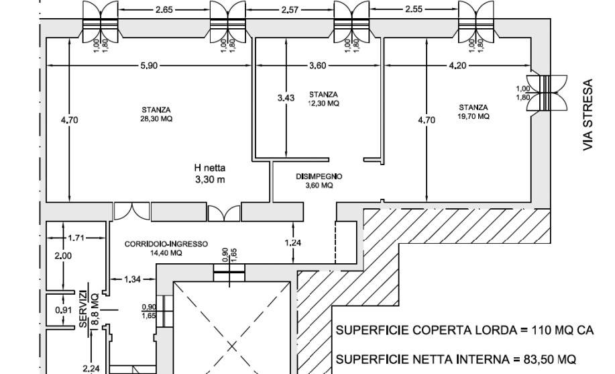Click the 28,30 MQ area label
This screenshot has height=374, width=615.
[x=156, y=119]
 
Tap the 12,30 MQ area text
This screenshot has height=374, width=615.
[x=323, y=103]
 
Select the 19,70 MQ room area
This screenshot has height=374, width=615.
[x=473, y=116]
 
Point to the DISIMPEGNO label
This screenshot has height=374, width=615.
[x=319, y=177]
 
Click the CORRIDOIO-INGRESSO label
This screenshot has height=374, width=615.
[x=166, y=244]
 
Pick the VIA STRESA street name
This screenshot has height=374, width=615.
[x=588, y=115]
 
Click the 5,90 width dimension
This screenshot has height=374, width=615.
[x=149, y=66]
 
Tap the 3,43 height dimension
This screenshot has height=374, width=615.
[x=286, y=98]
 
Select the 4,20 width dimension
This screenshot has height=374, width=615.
[x=457, y=66]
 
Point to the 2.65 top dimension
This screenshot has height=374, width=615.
[x=164, y=10]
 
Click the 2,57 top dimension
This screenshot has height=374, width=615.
[x=290, y=10]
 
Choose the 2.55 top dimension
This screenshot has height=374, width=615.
[x=414, y=9]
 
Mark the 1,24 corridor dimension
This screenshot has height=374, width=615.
[x=293, y=243]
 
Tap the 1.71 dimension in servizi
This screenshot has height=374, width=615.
[x=76, y=238]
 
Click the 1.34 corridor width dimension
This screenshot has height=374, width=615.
[x=132, y=279]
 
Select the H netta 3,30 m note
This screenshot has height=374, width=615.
[x=210, y=174]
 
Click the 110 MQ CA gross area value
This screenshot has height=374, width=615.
[x=563, y=330]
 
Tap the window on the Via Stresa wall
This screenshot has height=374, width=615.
[x=547, y=93]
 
